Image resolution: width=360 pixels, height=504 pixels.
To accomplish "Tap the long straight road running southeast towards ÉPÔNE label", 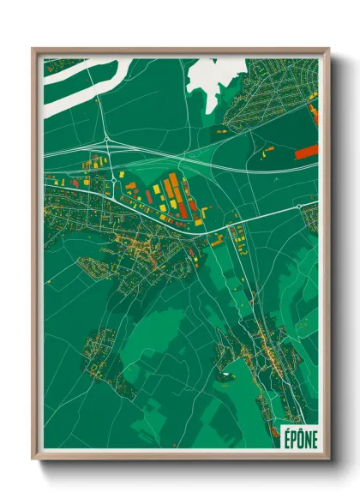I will (x=257, y=326).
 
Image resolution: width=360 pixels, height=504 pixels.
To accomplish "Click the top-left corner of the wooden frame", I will (x=33, y=49).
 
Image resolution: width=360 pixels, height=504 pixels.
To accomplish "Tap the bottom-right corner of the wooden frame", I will (x=328, y=460).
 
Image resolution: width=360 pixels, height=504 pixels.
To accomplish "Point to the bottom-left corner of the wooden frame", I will (x=33, y=460).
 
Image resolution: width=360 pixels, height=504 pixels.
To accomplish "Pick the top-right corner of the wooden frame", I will (x=328, y=49).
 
